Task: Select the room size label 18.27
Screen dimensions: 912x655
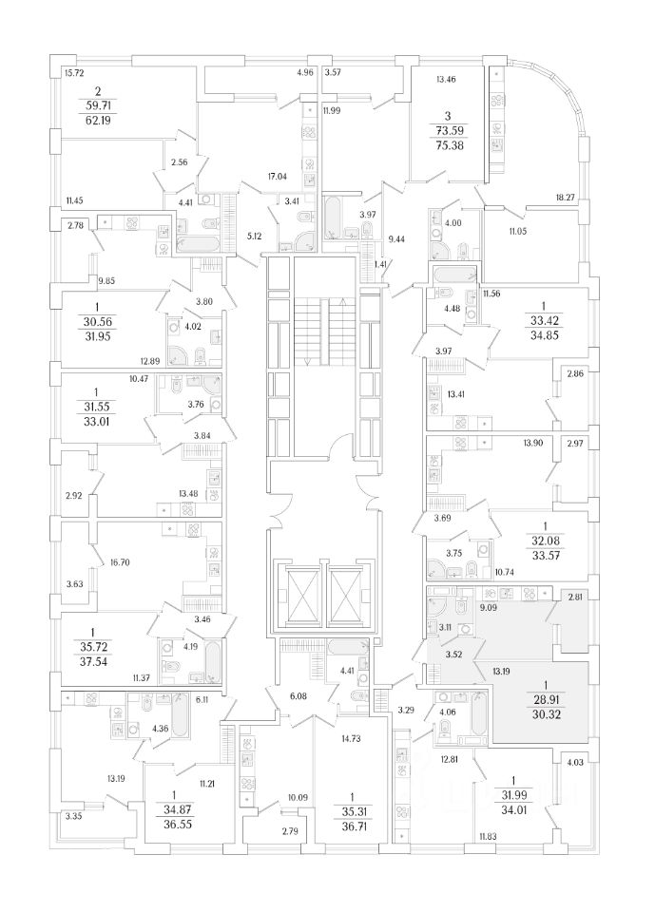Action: [x=567, y=197]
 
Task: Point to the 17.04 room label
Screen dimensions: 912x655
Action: [x=277, y=177]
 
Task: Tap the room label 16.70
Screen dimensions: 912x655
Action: [x=119, y=562]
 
